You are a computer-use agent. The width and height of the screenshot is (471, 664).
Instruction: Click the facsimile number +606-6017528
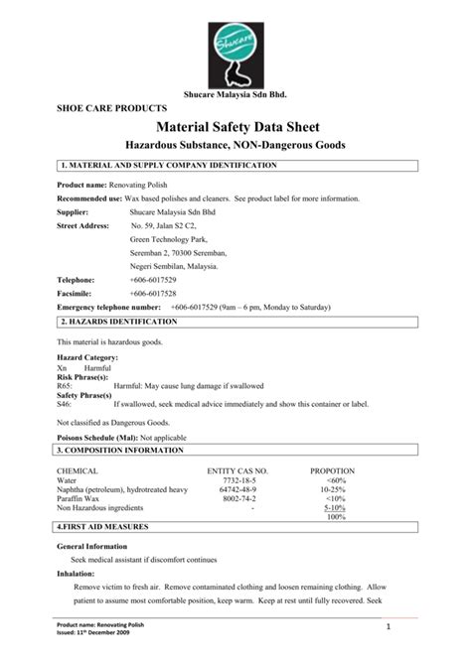[x=152, y=295]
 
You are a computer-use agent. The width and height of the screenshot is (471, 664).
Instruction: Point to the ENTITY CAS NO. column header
[x=236, y=469]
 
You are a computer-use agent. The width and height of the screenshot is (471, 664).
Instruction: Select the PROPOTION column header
[x=336, y=469]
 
